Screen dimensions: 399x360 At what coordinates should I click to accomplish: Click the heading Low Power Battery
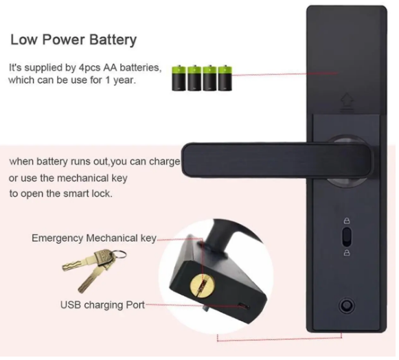[73, 40]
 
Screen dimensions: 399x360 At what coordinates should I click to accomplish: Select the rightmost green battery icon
[225, 78]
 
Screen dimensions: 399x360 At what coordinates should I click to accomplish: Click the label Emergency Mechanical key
[93, 238]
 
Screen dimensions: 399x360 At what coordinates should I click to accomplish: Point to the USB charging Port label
[102, 305]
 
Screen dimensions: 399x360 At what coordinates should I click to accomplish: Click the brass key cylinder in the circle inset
[203, 285]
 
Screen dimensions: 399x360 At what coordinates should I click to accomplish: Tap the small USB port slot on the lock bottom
[244, 306]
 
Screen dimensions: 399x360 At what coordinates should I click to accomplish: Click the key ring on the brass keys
[119, 254]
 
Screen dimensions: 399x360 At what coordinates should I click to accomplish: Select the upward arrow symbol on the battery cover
[347, 102]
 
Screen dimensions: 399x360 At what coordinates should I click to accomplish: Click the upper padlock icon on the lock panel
[347, 221]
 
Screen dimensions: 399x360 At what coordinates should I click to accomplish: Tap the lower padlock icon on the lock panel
[347, 253]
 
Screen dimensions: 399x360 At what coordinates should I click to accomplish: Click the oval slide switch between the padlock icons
[347, 237]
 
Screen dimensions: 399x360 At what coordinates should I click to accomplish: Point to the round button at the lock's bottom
[347, 305]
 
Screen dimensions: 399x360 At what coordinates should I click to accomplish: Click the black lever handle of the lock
[276, 160]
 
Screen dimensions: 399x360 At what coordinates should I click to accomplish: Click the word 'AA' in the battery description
[110, 68]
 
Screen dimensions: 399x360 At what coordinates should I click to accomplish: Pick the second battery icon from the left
[194, 78]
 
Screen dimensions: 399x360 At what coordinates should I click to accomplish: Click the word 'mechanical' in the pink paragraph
[83, 178]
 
